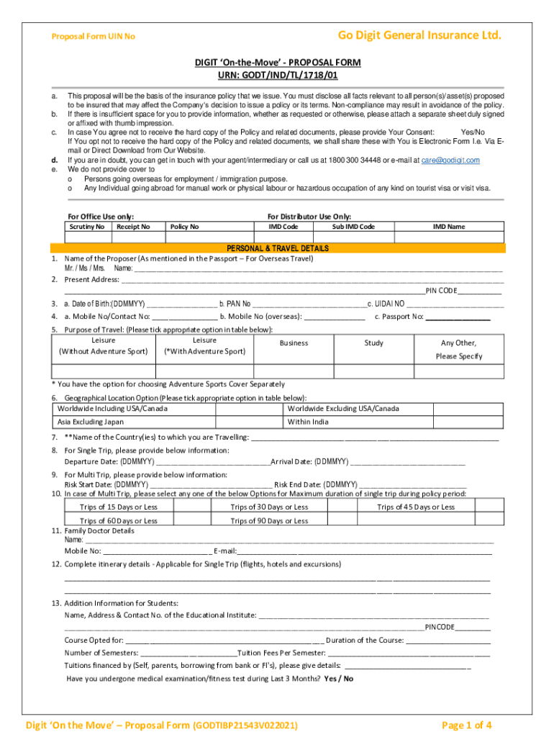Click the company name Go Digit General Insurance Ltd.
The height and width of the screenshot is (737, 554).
tap(419, 36)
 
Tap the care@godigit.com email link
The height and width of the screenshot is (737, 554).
tap(450, 160)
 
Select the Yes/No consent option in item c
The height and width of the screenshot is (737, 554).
tap(472, 132)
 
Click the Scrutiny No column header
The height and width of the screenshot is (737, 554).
tap(86, 227)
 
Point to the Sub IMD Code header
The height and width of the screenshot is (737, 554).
tap(353, 227)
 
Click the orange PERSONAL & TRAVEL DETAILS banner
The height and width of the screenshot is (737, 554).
tap(278, 248)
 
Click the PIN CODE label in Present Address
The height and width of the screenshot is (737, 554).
tap(441, 291)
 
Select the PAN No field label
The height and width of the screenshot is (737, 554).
tap(235, 304)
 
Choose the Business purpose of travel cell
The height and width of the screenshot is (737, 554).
tap(294, 343)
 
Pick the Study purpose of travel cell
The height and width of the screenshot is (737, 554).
tap(373, 343)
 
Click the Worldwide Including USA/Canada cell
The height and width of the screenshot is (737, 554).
tap(112, 409)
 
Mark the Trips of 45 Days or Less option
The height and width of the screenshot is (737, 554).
tap(416, 507)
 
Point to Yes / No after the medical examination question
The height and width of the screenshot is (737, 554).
tap(338, 679)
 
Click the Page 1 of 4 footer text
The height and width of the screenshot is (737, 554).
tap(467, 725)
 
